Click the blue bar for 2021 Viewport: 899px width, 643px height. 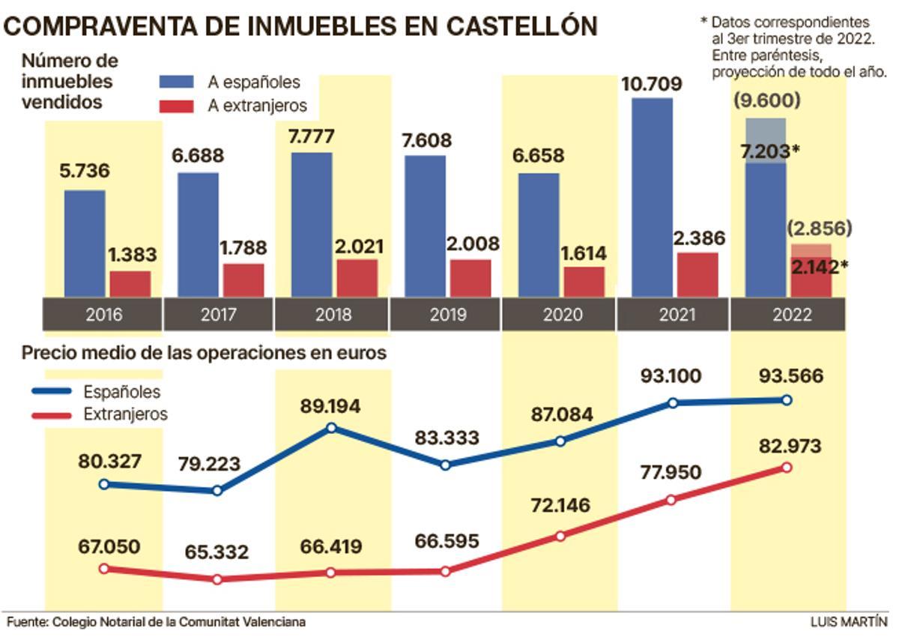652,197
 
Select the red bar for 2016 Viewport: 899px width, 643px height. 130,283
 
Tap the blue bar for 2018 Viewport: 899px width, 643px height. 312,224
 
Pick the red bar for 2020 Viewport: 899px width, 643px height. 584,281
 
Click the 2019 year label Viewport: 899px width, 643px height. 447,315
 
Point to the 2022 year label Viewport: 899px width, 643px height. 788,315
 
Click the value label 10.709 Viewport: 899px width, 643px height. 651,84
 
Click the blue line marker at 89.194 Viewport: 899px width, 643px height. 332,428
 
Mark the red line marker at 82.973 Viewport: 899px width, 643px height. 787,467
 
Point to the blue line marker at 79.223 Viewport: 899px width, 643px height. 217,491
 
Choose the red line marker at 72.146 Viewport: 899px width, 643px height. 560,536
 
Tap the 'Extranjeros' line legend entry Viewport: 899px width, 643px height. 125,414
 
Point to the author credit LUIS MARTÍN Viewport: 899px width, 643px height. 849,622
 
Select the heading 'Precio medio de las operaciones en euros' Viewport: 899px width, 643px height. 204,352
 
